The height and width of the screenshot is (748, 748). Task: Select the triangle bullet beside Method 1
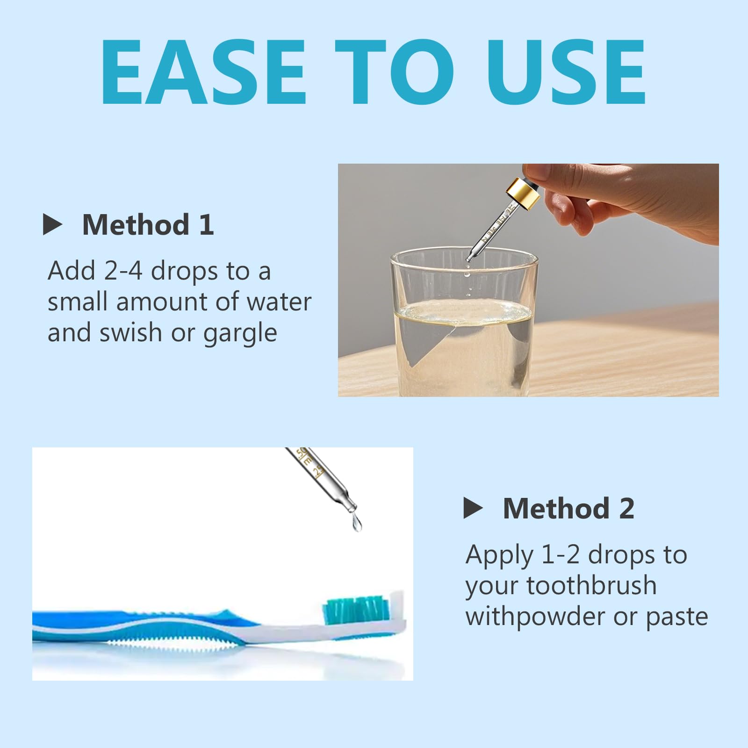52,224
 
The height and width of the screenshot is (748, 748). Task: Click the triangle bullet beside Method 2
473,508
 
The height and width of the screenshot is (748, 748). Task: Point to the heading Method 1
148,224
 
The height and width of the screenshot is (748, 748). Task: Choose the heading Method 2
568,508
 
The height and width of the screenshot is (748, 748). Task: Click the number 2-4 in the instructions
123,271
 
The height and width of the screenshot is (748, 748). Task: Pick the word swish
131,332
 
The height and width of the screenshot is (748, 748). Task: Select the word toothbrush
592,585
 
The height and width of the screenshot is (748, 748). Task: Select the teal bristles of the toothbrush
355,609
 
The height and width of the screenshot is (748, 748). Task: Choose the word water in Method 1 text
279,302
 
